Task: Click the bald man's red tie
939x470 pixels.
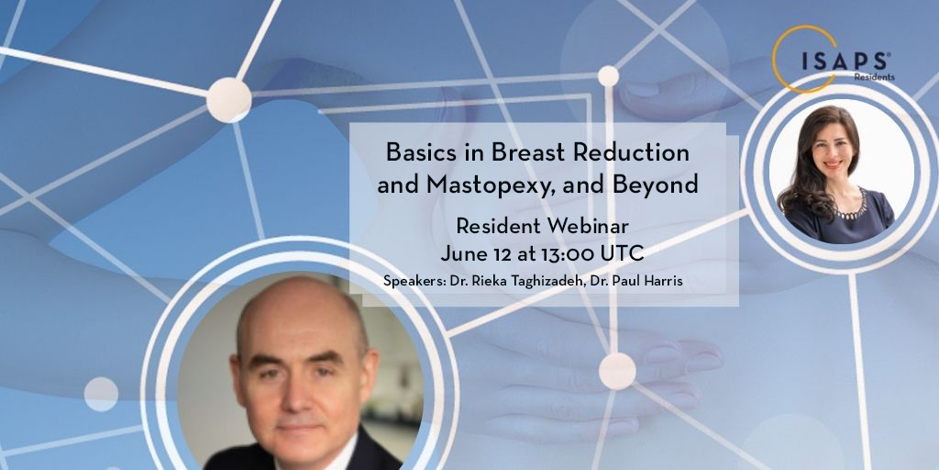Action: click(303, 464)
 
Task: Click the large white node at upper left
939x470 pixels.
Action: click(227, 99)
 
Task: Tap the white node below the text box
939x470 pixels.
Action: click(617, 370)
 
